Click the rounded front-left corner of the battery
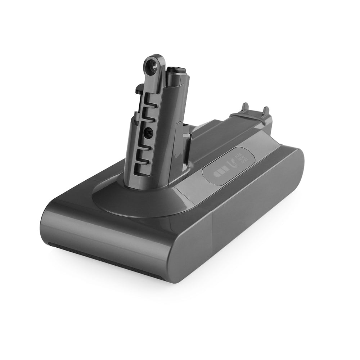click(x=50, y=223)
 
